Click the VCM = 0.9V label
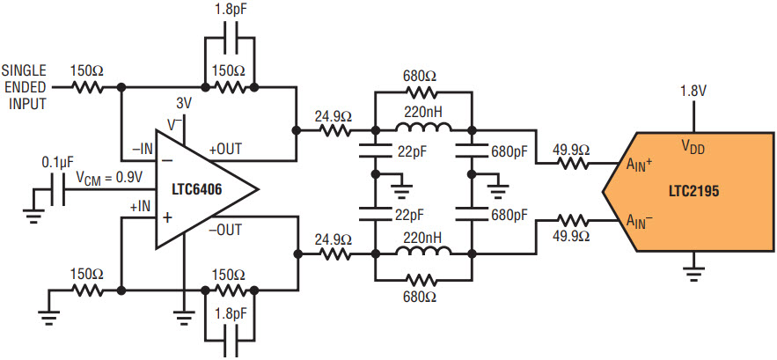pyautogui.click(x=107, y=178)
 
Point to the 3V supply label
pyautogui.click(x=184, y=105)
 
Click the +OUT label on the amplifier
pyautogui.click(x=225, y=150)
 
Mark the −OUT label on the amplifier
pyautogui.click(x=225, y=230)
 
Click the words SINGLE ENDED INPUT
pyautogui.click(x=25, y=87)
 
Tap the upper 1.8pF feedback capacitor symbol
pyautogui.click(x=230, y=38)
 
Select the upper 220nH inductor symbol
pyautogui.click(x=423, y=130)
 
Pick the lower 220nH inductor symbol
pyautogui.click(x=423, y=253)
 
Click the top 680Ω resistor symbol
pyautogui.click(x=421, y=92)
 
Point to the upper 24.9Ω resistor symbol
pyautogui.click(x=335, y=131)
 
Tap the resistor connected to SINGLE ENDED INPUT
pyautogui.click(x=87, y=87)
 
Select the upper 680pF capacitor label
pyautogui.click(x=508, y=150)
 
